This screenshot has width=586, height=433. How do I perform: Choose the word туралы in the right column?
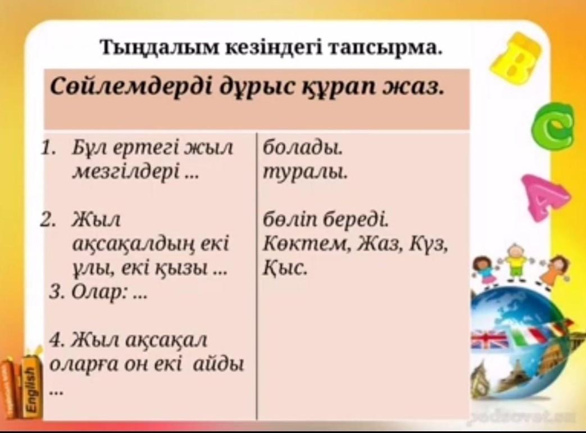[x=305, y=172]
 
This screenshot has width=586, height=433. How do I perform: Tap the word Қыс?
[x=285, y=267]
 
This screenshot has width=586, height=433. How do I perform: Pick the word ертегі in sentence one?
[x=143, y=148]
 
